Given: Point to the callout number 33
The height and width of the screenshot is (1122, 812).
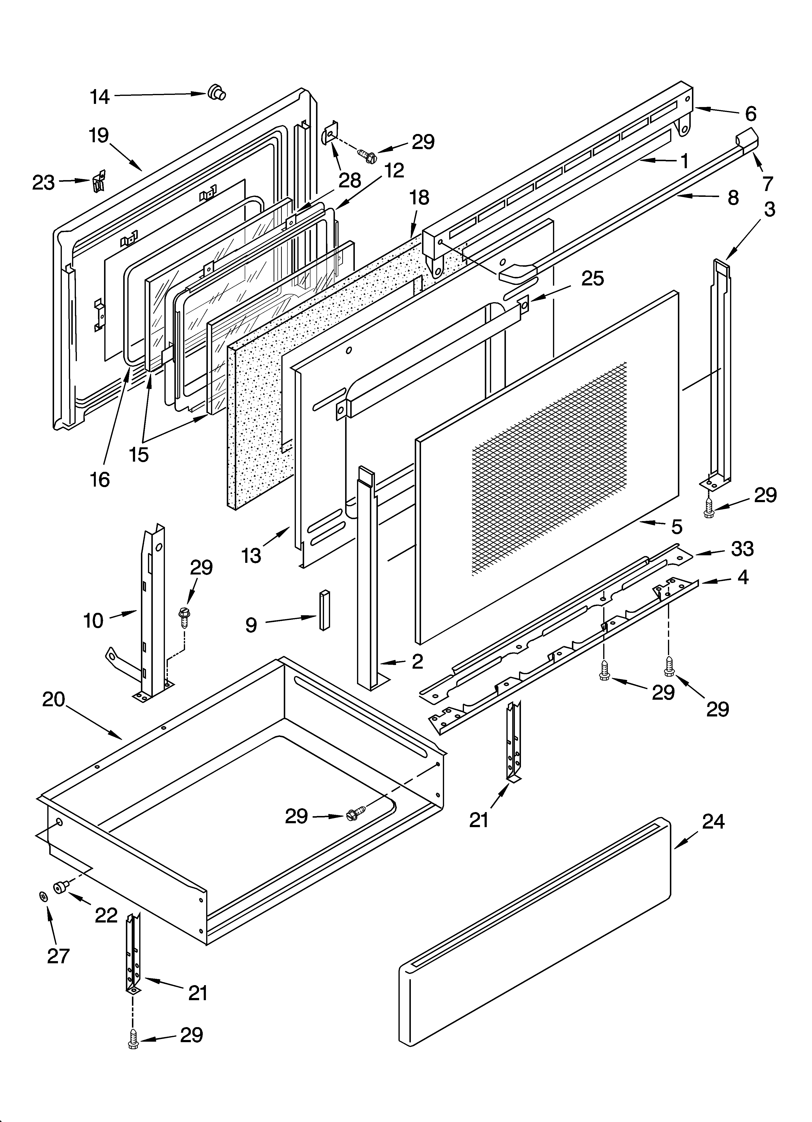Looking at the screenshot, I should [742, 549].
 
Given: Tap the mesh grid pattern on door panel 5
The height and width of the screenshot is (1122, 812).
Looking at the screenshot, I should [549, 470].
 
